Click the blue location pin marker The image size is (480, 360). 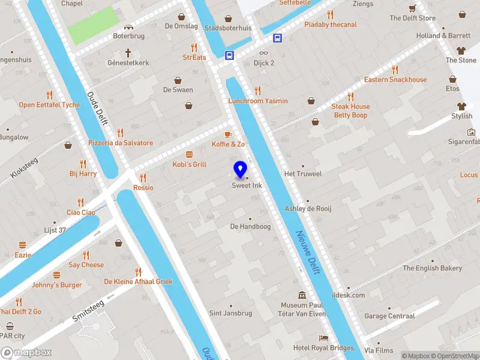(240, 170)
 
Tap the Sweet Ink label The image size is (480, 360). (247, 186)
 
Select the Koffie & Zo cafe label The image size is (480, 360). (228, 145)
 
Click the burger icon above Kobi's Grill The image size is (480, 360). (189, 154)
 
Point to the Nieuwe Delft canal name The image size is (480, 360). (307, 252)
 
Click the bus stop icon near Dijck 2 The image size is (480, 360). (230, 55)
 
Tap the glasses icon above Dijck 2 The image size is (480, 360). (264, 53)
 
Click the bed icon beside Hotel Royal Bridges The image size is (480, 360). (324, 338)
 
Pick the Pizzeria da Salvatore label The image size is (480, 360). (121, 143)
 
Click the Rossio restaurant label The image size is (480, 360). (143, 188)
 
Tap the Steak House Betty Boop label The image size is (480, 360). (350, 110)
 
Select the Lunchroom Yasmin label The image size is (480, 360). (258, 101)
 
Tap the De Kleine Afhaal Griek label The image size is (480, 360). (138, 281)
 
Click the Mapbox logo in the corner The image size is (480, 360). (26, 353)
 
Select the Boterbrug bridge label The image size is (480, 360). (128, 36)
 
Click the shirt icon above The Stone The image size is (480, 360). (461, 50)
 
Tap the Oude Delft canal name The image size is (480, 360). (97, 108)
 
